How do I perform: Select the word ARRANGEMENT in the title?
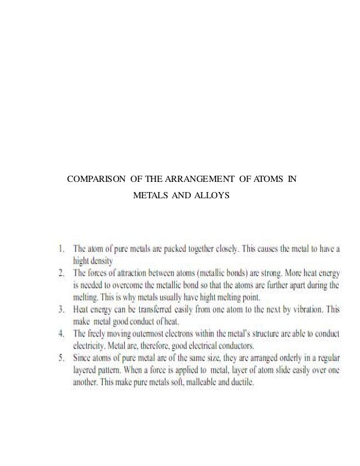(x=192, y=180)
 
